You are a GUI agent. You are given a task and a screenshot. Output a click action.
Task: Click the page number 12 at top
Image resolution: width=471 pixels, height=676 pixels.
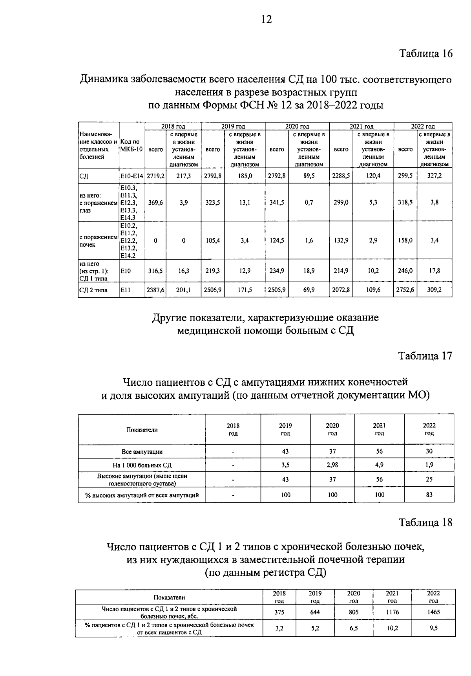pos(266,19)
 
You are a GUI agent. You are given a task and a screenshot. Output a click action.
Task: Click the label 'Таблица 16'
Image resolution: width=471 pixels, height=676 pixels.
pos(426,53)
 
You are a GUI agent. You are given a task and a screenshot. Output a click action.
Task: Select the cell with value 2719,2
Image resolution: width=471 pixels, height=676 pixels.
pos(155,176)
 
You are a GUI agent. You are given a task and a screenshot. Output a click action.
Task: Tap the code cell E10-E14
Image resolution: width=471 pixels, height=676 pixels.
pos(132,176)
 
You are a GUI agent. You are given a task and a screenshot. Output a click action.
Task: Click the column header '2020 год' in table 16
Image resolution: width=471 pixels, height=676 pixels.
pos(297,126)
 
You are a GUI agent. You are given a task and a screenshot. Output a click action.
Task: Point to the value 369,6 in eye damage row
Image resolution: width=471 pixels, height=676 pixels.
pos(155,202)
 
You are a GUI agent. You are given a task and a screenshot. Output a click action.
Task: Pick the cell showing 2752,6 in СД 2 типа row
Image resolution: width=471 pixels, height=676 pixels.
pos(405,290)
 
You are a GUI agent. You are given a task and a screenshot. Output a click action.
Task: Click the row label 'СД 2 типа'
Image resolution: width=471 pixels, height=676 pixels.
pos(93,290)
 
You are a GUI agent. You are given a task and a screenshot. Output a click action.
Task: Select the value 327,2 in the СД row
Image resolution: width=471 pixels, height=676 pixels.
pos(434,176)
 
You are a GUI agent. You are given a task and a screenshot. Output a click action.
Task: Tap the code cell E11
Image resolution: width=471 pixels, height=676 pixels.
pos(126,290)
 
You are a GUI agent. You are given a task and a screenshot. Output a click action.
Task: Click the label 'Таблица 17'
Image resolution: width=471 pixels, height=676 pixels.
pos(425,356)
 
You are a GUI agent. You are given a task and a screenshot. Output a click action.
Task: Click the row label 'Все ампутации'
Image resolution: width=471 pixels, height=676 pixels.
pos(142,452)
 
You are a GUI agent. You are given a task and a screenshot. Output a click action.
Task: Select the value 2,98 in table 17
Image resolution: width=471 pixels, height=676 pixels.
pos(332,465)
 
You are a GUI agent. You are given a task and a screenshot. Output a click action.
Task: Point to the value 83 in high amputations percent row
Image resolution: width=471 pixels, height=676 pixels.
pos(429,495)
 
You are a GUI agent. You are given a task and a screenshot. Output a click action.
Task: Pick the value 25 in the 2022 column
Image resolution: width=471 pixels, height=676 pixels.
pos(429,479)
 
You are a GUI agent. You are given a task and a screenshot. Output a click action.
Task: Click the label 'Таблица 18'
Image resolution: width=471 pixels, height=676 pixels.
pos(425,522)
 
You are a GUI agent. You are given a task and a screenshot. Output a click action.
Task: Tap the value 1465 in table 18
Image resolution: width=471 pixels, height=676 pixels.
pos(433,612)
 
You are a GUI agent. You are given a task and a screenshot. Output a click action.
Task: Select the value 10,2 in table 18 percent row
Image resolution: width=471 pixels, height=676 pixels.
pos(392,628)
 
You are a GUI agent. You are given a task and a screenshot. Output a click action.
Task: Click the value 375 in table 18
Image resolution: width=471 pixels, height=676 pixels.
pos(279,612)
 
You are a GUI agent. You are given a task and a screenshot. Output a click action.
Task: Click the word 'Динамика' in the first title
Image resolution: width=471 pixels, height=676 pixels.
pos(103,80)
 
